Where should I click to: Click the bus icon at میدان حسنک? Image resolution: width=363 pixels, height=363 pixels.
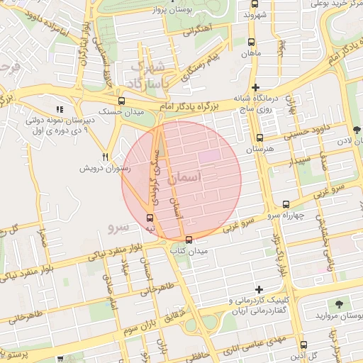(122, 101)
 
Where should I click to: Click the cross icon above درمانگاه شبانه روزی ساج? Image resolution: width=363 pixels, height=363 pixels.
(255, 86)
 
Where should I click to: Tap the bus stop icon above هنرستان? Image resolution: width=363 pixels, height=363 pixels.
(259, 138)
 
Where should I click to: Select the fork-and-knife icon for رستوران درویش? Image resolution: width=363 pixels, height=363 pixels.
(106, 157)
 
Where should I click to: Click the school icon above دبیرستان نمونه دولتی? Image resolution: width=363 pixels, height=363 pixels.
(60, 109)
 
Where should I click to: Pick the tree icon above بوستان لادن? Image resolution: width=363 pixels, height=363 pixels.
(356, 130)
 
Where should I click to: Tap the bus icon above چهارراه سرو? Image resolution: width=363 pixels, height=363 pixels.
(286, 203)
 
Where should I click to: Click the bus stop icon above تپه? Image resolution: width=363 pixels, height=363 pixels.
(150, 218)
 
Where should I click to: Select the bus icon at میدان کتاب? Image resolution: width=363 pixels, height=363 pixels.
(188, 240)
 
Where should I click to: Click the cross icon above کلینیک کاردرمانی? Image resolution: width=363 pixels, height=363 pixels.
(259, 289)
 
